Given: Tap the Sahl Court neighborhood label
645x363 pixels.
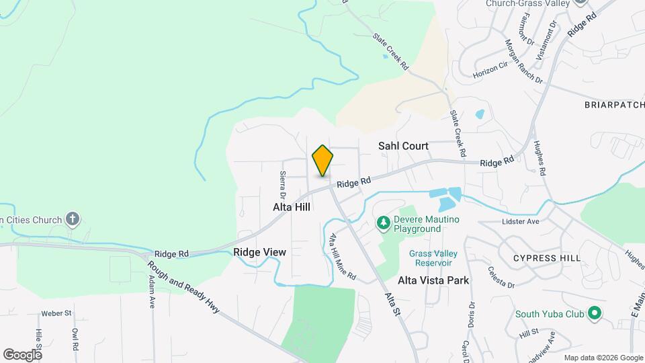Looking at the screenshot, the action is (x=403, y=145).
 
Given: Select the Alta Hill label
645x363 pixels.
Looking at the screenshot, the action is (x=292, y=207).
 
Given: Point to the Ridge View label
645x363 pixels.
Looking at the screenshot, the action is (x=260, y=252).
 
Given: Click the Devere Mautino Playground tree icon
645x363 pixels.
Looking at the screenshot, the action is (x=383, y=222).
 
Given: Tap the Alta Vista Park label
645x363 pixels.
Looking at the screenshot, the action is (x=433, y=280).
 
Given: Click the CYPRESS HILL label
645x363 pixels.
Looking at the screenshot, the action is (x=546, y=258).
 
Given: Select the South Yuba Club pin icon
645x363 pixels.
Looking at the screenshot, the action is (x=594, y=313).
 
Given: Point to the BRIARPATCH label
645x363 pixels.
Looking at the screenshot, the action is (x=614, y=105).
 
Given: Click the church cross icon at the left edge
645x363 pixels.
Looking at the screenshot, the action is (x=73, y=219).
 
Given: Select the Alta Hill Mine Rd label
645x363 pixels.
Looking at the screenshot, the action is (x=342, y=257).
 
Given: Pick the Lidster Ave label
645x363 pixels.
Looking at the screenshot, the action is (x=521, y=221).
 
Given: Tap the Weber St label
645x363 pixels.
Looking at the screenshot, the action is (x=56, y=313).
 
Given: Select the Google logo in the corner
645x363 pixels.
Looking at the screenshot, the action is (x=22, y=354).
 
